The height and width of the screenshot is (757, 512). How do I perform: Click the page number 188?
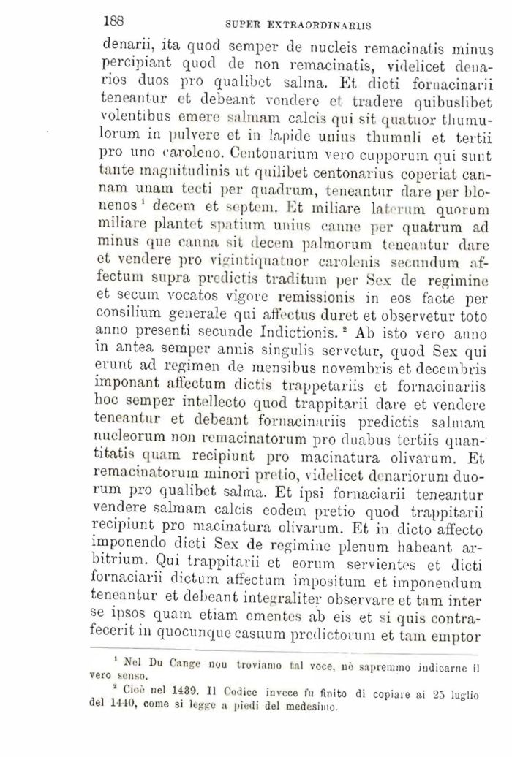point(116,20)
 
